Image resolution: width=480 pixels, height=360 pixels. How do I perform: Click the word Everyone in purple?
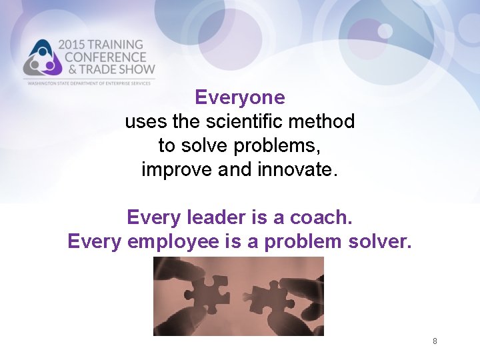(x=240, y=98)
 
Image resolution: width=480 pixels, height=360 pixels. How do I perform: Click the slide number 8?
(x=435, y=341)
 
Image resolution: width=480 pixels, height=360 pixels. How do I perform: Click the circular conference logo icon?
(x=41, y=58)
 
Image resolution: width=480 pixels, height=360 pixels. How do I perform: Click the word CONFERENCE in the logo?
(x=101, y=57)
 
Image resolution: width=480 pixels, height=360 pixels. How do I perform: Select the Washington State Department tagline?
(x=91, y=82)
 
